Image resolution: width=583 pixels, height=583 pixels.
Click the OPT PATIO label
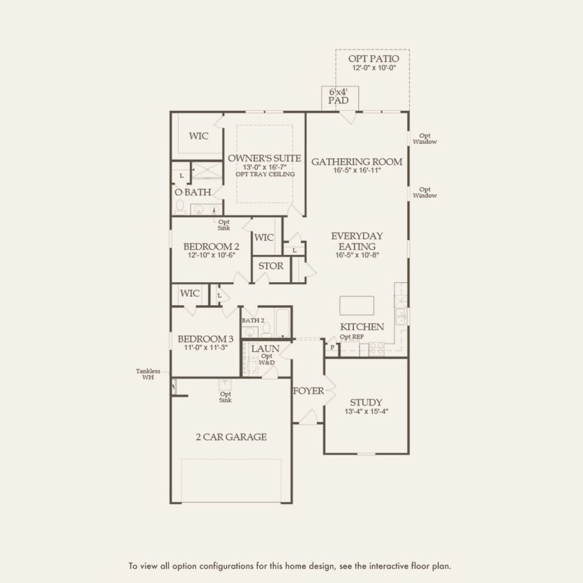pos(373,59)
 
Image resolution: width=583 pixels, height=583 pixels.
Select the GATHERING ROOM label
pos(357,161)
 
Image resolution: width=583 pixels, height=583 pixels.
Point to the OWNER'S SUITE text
pos(264,158)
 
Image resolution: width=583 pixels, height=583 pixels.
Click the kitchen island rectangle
pos(356,306)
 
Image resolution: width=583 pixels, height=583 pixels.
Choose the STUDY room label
pos(366,402)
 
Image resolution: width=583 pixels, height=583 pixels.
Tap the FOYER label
pos(308,390)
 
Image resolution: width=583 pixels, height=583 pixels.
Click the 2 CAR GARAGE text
pos(230,437)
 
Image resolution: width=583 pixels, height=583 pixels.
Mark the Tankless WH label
pos(148,374)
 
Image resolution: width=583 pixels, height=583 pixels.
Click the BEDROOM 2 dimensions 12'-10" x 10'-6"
pos(213,256)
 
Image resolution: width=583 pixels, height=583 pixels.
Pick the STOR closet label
pos(271,266)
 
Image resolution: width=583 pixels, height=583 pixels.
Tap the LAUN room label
pos(265,348)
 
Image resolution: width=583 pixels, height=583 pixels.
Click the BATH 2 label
pos(253,320)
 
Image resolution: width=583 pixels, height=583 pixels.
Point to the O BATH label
pos(193,191)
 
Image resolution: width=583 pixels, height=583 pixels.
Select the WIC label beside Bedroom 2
pos(264,237)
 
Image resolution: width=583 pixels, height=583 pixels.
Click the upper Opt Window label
pos(424,139)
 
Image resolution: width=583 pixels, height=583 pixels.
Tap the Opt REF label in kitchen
pos(351,337)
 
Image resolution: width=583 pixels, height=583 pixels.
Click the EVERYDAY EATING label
pos(357,241)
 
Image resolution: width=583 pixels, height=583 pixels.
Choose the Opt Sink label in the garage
pos(226,397)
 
